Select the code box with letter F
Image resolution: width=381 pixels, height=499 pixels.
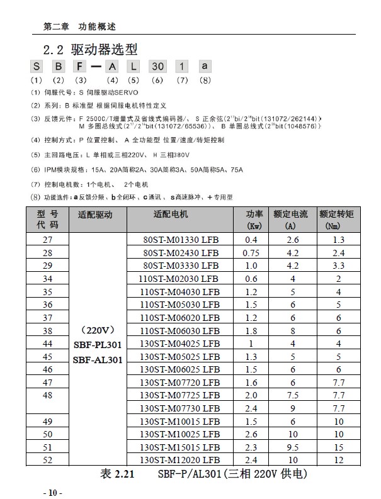(80, 66)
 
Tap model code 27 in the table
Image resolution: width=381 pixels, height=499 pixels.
(48, 240)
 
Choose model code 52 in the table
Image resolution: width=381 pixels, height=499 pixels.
(48, 460)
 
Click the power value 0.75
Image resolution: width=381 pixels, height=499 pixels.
(252, 252)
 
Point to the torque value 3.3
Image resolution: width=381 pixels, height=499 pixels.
(338, 265)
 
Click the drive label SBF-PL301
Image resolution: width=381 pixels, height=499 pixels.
(98, 344)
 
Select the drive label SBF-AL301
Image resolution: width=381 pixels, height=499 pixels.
(98, 359)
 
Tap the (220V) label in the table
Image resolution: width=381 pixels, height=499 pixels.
(98, 330)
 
